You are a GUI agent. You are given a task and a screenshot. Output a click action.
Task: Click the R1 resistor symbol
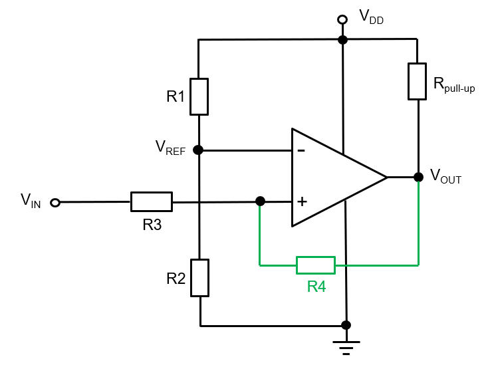click(x=199, y=96)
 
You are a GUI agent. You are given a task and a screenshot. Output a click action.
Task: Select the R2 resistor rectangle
click(x=199, y=277)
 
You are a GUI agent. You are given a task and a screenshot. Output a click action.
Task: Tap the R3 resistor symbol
click(x=151, y=201)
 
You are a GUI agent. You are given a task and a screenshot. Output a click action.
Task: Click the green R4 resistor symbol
click(x=315, y=265)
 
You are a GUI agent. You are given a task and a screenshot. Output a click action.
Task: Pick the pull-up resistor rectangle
click(x=417, y=81)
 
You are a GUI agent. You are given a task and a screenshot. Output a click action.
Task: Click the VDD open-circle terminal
click(x=342, y=20)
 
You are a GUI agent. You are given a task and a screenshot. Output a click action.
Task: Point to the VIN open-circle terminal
click(x=55, y=202)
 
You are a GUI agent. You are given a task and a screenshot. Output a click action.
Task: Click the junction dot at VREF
click(x=197, y=150)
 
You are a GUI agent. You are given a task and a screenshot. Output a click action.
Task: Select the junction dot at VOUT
click(x=418, y=177)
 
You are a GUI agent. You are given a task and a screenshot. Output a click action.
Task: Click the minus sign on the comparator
click(x=301, y=150)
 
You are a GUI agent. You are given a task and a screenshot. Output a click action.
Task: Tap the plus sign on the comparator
click(x=301, y=201)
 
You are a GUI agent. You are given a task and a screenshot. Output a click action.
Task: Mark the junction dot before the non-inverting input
click(x=260, y=201)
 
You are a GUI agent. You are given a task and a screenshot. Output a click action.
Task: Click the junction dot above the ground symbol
click(x=346, y=325)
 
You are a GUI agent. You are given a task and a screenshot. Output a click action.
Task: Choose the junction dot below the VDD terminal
click(x=342, y=40)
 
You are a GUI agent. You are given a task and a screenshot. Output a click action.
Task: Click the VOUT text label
click(x=445, y=176)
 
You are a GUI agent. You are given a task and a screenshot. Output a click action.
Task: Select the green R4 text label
click(x=316, y=287)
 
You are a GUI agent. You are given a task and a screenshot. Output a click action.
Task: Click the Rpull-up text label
click(x=453, y=84)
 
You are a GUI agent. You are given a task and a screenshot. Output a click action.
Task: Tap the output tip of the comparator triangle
click(x=386, y=177)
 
